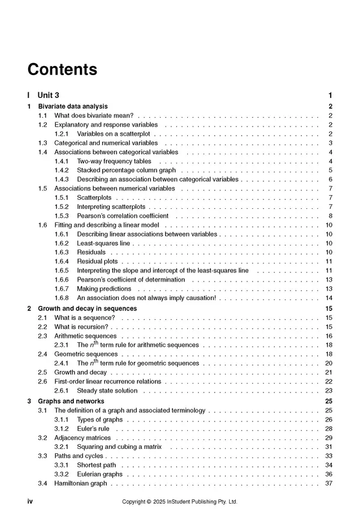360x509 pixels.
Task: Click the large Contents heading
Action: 62,69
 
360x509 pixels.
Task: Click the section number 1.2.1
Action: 62,133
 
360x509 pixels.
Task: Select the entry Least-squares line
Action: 103,243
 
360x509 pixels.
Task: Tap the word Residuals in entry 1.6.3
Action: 91,253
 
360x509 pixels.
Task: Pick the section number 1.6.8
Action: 62,298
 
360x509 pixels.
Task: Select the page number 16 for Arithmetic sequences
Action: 329,336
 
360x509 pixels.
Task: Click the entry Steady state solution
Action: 107,391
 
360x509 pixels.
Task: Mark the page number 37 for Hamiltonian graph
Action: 329,483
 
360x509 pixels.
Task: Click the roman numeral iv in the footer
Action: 30,501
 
